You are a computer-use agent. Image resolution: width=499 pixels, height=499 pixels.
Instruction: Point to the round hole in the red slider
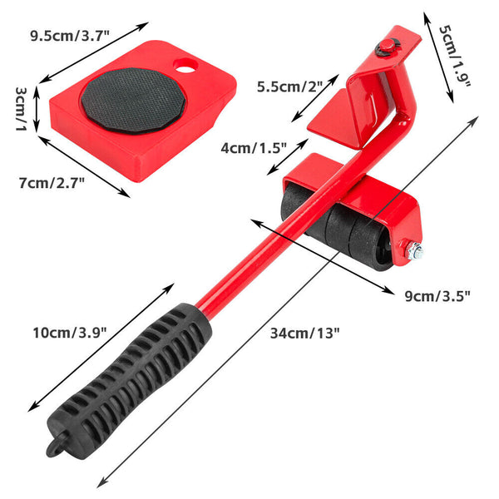pos(185,65)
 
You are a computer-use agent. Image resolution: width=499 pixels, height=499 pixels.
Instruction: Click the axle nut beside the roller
pos(413,249)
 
